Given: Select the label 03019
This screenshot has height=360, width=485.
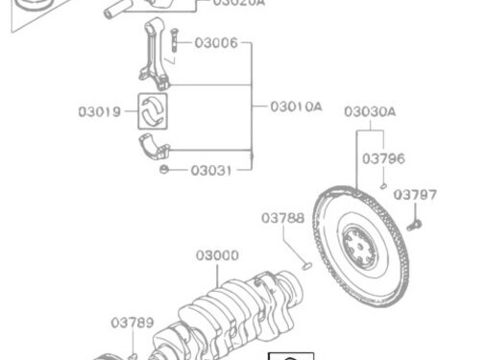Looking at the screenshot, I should pos(100,111).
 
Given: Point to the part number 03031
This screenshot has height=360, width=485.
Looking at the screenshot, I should pos(212,171).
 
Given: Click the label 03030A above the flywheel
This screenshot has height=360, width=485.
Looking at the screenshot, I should pos(370,111).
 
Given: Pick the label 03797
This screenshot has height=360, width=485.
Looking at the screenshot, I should pos(416,194).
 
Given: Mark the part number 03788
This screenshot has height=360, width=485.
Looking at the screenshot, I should pos(282,218).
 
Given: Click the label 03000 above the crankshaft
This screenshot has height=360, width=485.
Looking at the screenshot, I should pos(216,256).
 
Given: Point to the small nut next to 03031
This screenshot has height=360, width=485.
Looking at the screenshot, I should pos(165,171).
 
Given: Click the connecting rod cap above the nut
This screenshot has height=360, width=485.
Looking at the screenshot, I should pos(151,149).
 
